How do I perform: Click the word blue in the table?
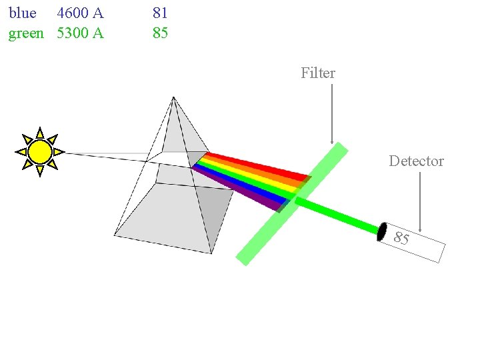(22, 13)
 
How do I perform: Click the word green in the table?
(26, 33)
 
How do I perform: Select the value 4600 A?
(80, 13)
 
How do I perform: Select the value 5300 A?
(80, 33)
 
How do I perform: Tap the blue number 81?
(160, 13)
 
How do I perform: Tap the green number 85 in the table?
(160, 33)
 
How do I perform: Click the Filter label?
(318, 73)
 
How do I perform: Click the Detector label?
(416, 161)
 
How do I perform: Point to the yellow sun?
(40, 152)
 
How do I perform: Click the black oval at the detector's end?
(382, 231)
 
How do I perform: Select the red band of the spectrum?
(260, 166)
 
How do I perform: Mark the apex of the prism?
(173, 98)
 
